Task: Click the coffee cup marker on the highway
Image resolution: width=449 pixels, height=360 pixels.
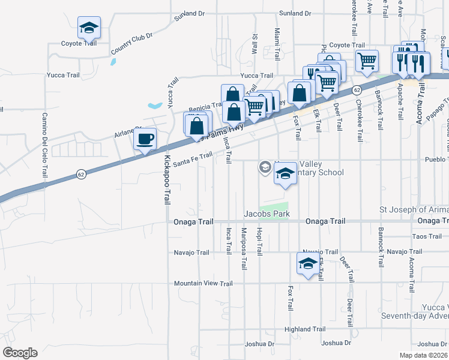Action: [145, 140]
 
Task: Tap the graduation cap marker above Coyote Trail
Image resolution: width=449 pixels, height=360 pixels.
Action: [89, 28]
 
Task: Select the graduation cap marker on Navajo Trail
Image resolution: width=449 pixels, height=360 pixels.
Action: [309, 263]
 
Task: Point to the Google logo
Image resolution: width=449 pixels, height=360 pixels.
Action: [20, 353]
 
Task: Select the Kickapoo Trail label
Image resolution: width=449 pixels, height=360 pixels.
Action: [167, 180]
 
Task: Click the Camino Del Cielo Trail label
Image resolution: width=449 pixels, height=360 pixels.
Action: [44, 145]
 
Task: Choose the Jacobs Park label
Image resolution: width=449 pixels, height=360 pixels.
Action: [267, 214]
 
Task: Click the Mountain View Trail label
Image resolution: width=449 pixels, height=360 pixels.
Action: [203, 283]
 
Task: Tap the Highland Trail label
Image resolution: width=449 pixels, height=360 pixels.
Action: [305, 329]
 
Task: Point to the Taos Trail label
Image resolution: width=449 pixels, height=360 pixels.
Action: [427, 236]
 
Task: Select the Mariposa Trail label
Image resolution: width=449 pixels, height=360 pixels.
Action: [244, 249]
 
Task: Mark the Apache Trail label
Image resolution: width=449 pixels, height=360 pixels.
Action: [400, 103]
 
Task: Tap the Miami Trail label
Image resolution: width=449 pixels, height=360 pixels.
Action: [277, 43]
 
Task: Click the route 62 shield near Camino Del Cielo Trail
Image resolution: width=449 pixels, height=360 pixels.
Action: [80, 174]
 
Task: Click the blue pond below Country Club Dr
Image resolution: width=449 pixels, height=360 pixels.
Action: [113, 61]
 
